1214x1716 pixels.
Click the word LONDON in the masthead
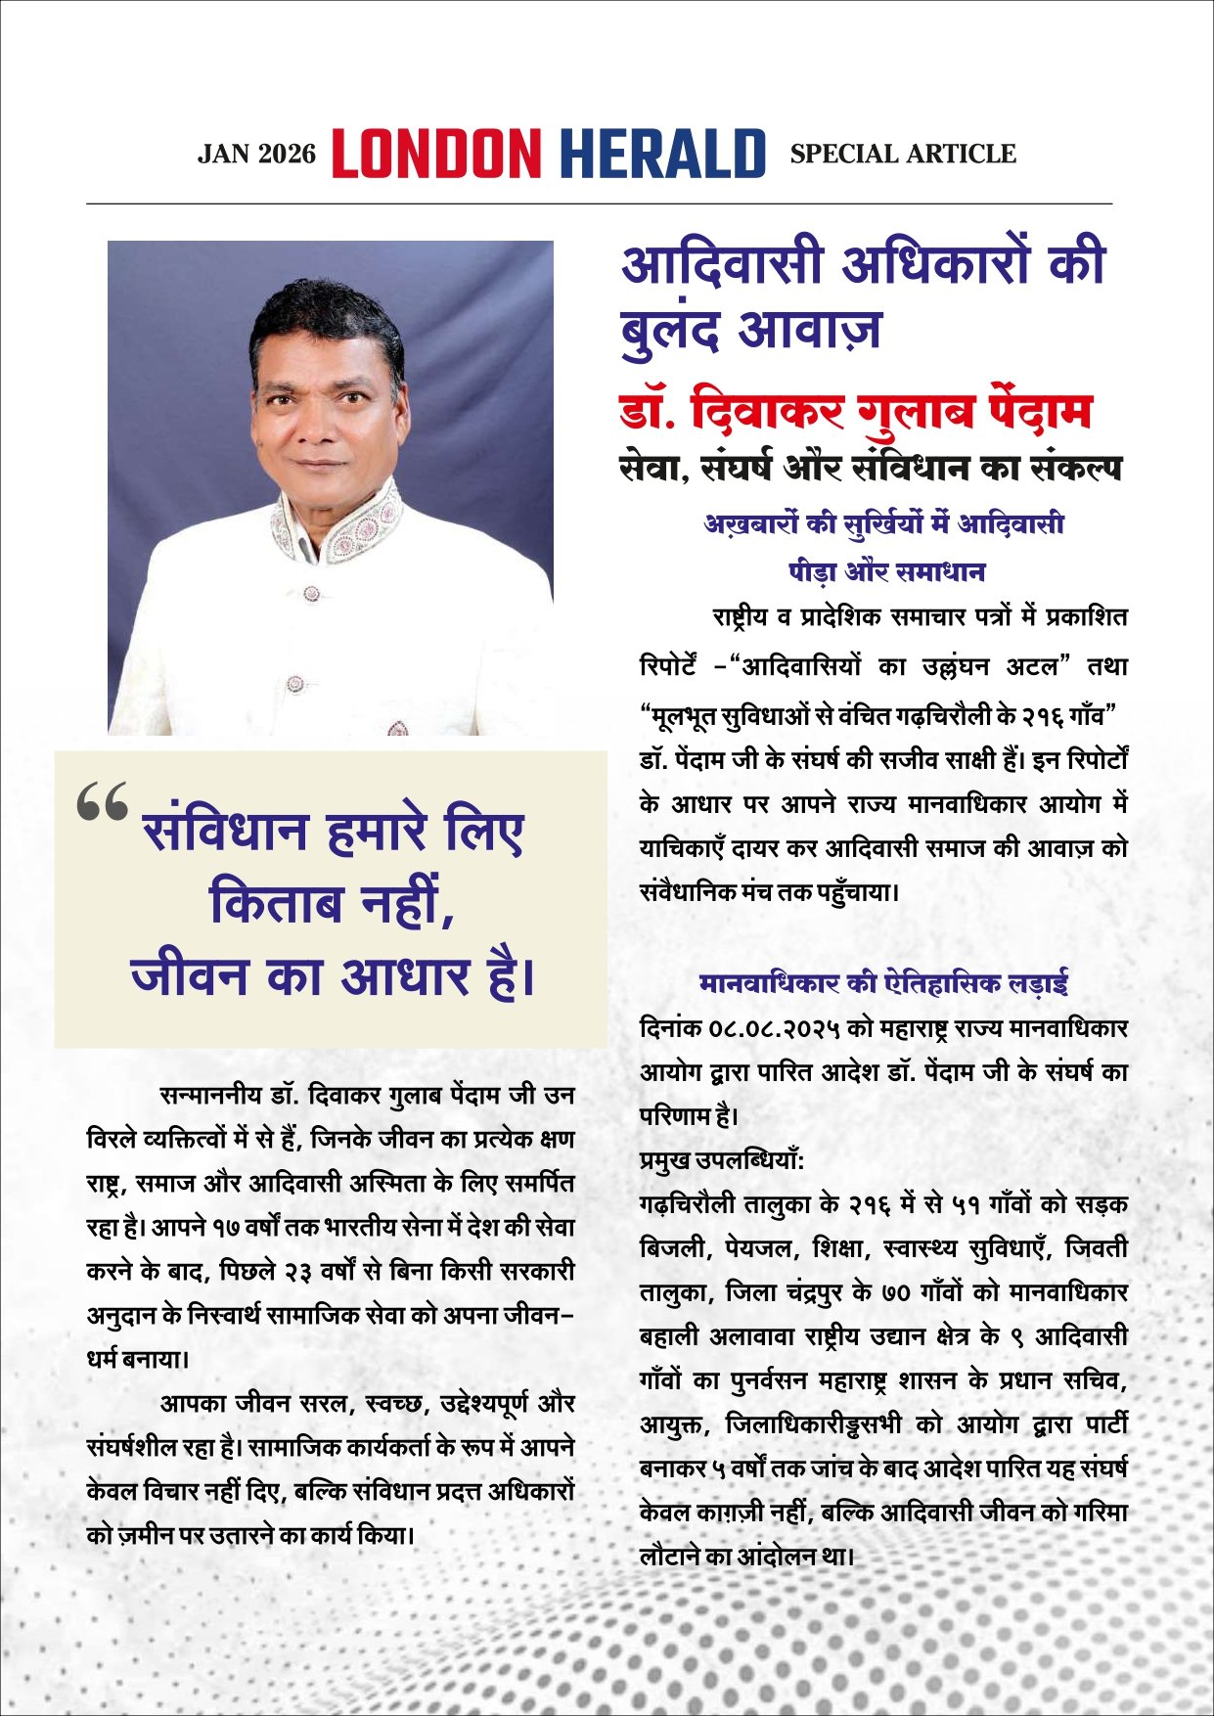[436, 155]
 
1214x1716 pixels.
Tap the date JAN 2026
[257, 155]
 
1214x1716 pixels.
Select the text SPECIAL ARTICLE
[903, 154]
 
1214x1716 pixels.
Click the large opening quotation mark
[102, 803]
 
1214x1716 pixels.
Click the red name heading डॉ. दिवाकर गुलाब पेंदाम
[856, 412]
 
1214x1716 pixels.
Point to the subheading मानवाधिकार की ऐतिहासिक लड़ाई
[883, 982]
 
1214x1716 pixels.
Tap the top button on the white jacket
[311, 593]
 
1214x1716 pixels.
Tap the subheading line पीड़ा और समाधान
[886, 571]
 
